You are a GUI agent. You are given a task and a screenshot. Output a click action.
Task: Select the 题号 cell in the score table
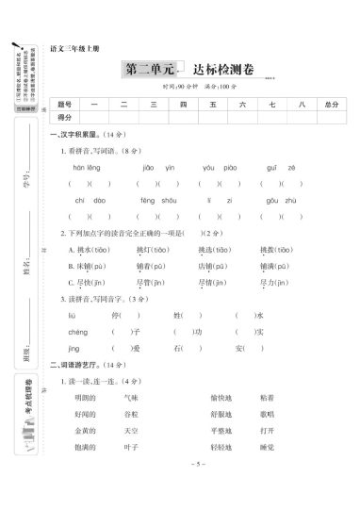(64, 105)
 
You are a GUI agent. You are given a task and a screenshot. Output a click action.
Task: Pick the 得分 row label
(64, 119)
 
